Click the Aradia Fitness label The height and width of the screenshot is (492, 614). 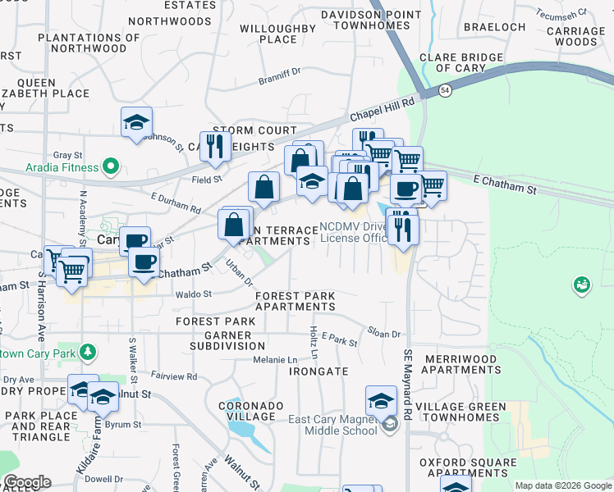[49, 167]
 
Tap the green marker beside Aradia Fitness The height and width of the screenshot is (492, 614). [111, 168]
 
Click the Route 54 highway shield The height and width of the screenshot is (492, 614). [444, 89]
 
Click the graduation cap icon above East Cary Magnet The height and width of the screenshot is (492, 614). [381, 401]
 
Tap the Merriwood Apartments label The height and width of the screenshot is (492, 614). [458, 364]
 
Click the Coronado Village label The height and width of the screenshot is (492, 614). [251, 411]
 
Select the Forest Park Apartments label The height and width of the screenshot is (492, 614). [295, 301]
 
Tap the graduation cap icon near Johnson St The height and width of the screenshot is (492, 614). [136, 122]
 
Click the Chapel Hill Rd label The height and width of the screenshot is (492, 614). [385, 109]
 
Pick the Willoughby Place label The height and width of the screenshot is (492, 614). [277, 34]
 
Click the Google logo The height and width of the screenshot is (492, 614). [26, 482]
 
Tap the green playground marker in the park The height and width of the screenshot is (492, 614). [581, 285]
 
